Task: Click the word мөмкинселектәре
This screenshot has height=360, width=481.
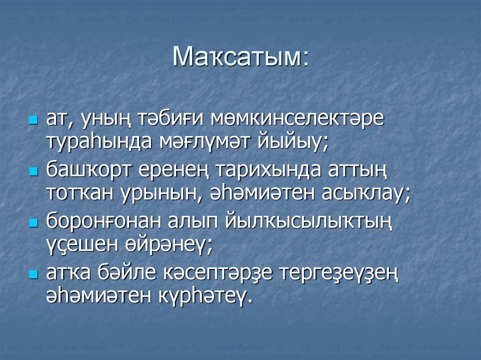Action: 297,118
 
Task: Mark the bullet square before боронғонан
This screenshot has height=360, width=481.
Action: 33,223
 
